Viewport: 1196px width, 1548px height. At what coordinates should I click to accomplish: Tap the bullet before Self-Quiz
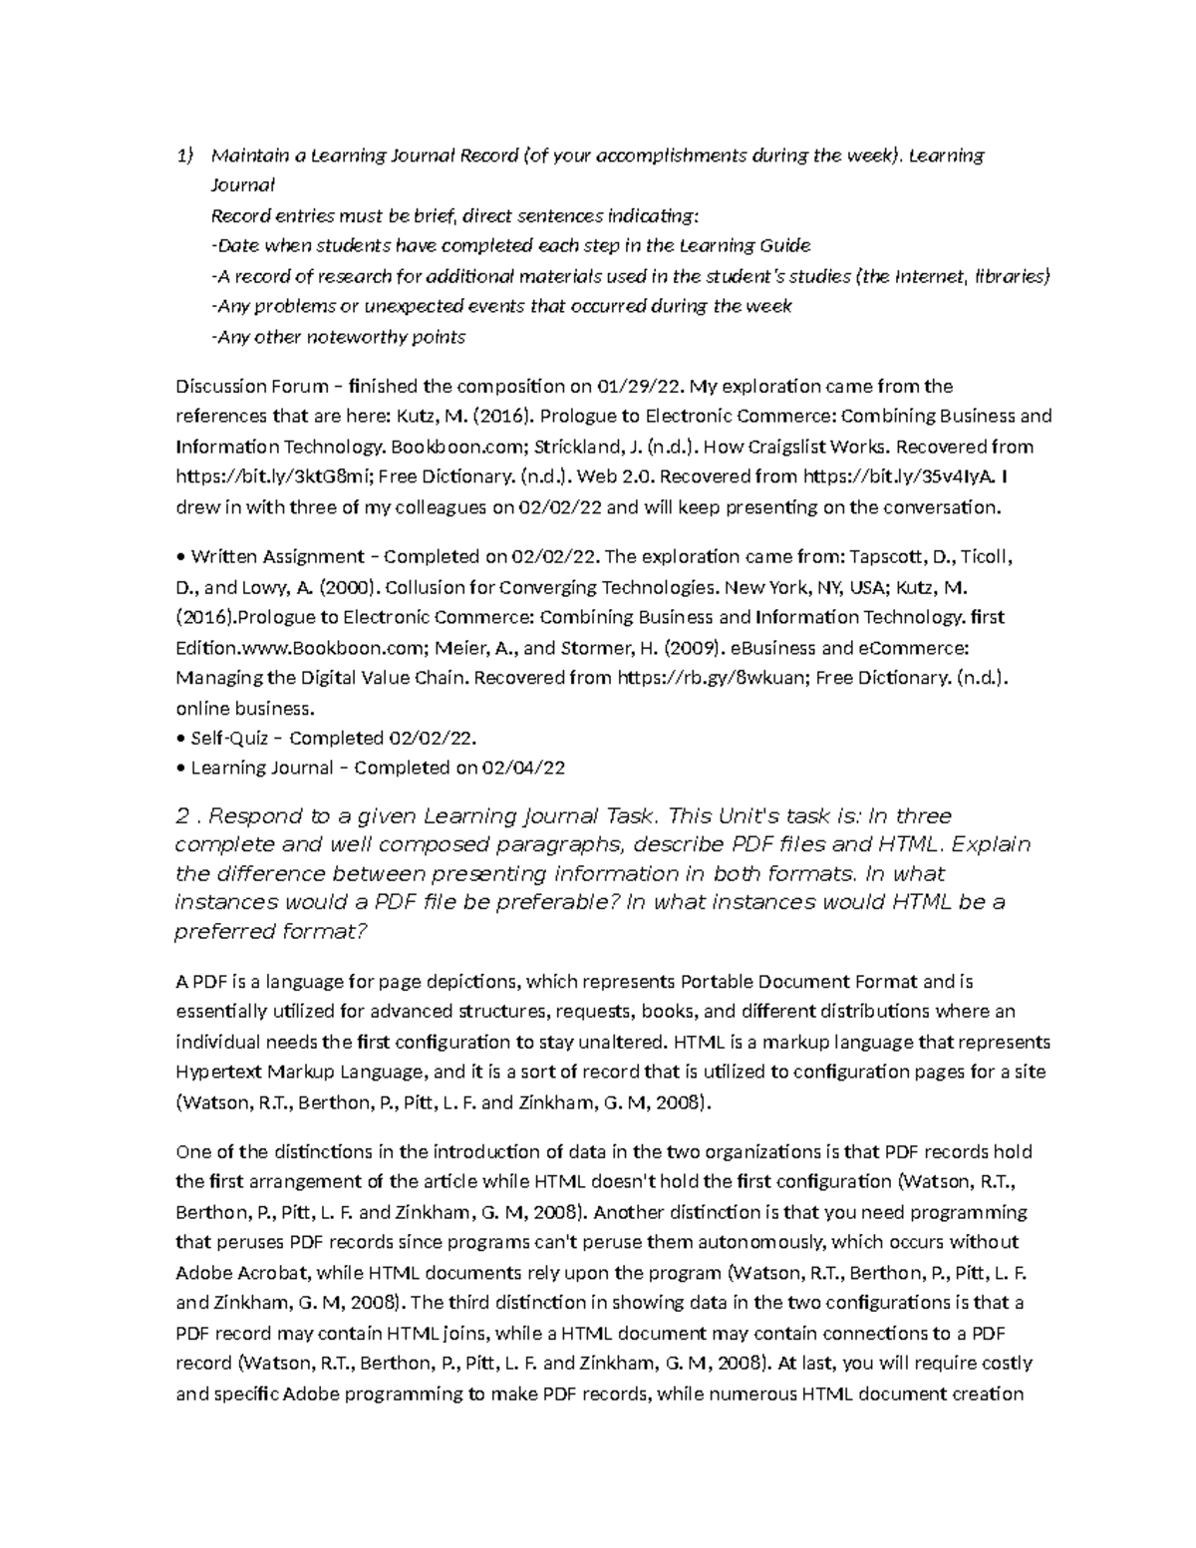coord(179,739)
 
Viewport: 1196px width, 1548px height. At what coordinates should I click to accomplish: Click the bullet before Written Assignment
coord(179,556)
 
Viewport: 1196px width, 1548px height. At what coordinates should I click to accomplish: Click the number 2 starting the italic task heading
coord(181,816)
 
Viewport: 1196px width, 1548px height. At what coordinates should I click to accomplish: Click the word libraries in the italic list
coord(1012,276)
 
